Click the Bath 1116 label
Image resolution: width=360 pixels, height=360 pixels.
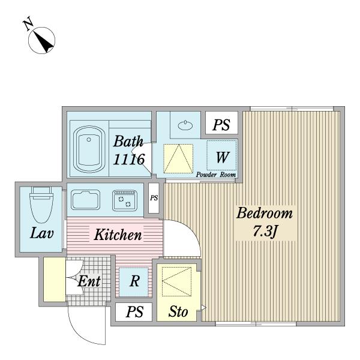[129, 151]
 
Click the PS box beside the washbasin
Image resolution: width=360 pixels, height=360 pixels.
[222, 125]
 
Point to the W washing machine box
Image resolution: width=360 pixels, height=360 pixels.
[222, 157]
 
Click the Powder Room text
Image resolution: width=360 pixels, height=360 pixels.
[215, 175]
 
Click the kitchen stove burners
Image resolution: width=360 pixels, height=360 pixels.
[126, 199]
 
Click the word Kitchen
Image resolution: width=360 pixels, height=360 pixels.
[118, 234]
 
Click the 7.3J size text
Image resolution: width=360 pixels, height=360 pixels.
[264, 231]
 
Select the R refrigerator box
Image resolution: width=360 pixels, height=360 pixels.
[135, 281]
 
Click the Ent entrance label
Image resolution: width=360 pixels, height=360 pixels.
[88, 281]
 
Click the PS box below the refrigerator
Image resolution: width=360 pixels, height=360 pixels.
[134, 312]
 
